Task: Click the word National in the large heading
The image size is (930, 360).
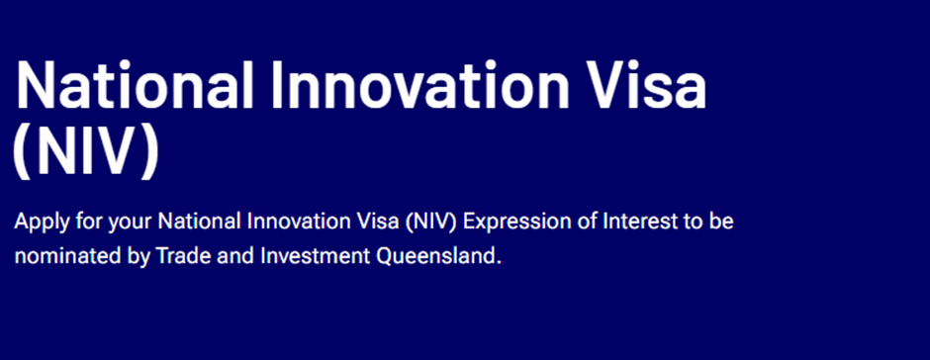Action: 134,84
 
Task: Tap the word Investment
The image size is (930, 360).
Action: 317,257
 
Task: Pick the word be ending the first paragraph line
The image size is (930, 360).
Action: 721,222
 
